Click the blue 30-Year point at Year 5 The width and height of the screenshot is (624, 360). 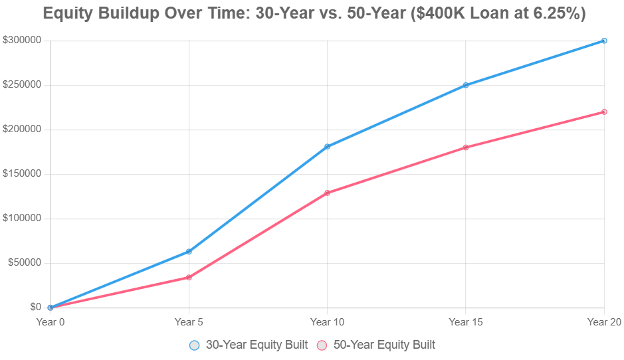tap(189, 252)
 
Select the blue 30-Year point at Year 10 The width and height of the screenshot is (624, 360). tap(328, 147)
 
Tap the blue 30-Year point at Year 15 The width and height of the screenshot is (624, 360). tap(466, 85)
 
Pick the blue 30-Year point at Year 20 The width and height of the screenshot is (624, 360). tap(604, 41)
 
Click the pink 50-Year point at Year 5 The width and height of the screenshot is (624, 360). tap(189, 277)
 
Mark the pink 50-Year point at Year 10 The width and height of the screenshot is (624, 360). tap(328, 193)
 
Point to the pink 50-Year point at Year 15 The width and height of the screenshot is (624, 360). tap(466, 147)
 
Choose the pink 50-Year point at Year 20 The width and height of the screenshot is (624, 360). tap(604, 112)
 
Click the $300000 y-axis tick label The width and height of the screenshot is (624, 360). tap(23, 41)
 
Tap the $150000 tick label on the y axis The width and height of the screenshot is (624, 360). tap(23, 174)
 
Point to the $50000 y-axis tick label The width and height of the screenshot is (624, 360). tap(25, 263)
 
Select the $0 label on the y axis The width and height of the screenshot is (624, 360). tap(35, 308)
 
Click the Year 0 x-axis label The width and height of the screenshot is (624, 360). tap(51, 322)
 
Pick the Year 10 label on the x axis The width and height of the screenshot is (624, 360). tap(328, 322)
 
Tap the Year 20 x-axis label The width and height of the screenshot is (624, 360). tap(603, 322)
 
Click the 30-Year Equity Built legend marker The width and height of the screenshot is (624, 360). tap(194, 345)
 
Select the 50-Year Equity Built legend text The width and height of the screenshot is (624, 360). tap(384, 345)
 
